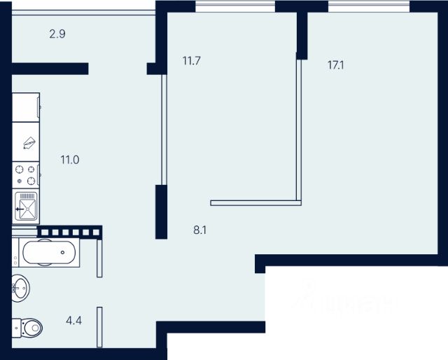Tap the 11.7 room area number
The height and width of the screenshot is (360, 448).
tap(192, 61)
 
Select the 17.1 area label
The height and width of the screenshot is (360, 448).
tap(336, 65)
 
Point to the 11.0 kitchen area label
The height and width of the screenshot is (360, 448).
tap(70, 160)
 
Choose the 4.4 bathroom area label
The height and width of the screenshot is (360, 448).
tap(73, 321)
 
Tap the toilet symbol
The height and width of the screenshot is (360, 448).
tap(28, 326)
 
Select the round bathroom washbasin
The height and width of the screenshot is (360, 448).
tap(21, 286)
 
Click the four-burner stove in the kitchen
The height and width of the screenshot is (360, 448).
tap(26, 175)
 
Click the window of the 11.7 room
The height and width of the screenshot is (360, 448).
tap(234, 6)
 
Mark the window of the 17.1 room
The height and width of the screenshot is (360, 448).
tap(368, 6)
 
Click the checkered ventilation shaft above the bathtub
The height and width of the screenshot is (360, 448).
tap(70, 231)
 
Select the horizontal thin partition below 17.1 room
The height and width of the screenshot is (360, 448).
tap(255, 204)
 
